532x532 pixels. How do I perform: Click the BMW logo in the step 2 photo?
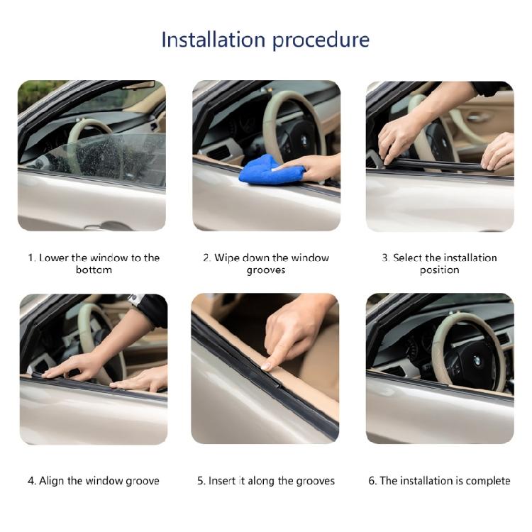click(x=304, y=140)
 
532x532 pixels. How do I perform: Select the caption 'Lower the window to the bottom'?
click(x=94, y=264)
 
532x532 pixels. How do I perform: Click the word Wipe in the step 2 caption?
click(x=228, y=257)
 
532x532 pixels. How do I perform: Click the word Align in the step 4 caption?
click(x=51, y=481)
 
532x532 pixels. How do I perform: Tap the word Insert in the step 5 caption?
click(x=222, y=481)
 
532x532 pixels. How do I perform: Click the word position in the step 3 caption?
click(x=439, y=270)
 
